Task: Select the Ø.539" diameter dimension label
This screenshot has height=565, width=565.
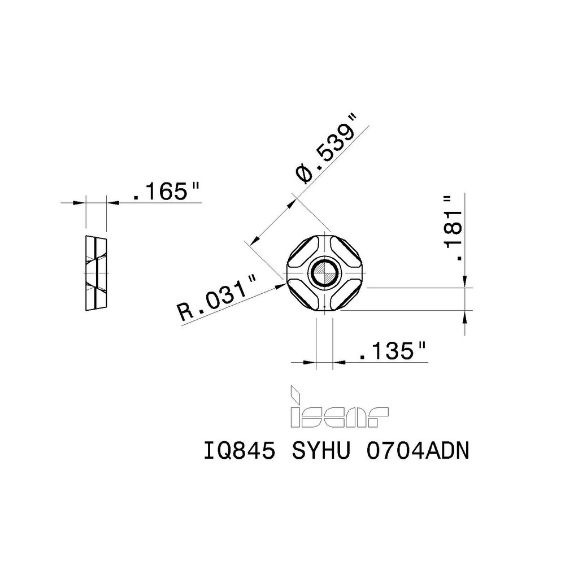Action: click(327, 148)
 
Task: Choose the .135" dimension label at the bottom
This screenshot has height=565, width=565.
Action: click(392, 353)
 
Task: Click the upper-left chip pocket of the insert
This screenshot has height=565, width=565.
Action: click(303, 252)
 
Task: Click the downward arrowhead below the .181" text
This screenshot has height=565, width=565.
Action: click(464, 281)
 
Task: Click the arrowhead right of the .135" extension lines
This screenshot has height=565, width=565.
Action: click(338, 362)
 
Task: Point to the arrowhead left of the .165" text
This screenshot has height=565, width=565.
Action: click(80, 202)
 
